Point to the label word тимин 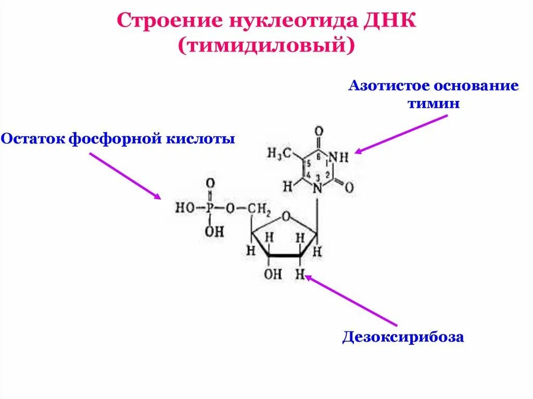434,103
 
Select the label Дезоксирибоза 403,337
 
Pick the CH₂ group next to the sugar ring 259,209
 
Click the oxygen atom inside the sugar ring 285,215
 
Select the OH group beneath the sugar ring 272,274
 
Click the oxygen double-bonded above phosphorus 210,183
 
